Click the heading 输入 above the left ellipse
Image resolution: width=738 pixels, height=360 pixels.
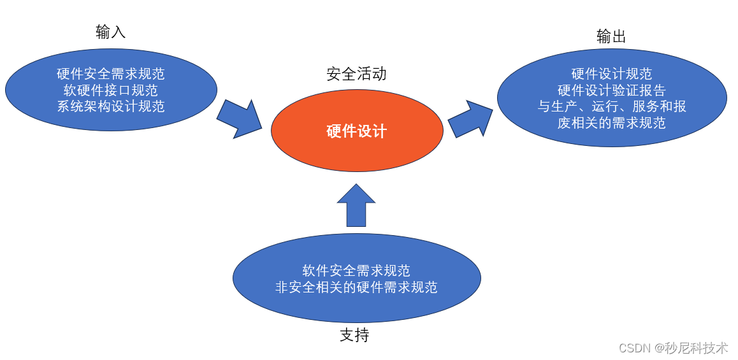tap(111, 32)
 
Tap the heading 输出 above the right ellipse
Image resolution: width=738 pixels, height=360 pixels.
tap(611, 37)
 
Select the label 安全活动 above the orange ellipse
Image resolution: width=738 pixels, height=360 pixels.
tap(356, 74)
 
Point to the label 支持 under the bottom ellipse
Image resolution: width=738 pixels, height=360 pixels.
tap(354, 335)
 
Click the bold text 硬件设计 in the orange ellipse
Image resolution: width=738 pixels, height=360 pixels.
tap(356, 131)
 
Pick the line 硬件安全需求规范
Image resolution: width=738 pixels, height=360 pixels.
tap(111, 74)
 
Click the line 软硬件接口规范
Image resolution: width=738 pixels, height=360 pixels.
tap(111, 90)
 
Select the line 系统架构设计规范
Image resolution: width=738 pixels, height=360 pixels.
tap(111, 106)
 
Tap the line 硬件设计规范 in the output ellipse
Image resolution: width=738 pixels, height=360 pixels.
tap(611, 74)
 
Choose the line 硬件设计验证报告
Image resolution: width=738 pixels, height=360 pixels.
tap(611, 90)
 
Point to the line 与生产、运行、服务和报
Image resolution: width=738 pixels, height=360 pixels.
tap(611, 106)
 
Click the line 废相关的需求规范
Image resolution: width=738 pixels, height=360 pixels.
tap(611, 123)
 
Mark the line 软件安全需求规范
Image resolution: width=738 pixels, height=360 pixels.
tap(356, 271)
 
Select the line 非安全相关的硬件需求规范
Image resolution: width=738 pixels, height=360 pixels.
tap(356, 287)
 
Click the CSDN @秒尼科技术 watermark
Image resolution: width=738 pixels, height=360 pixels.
tap(673, 348)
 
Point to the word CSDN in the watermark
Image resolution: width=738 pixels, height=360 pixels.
tap(634, 349)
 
